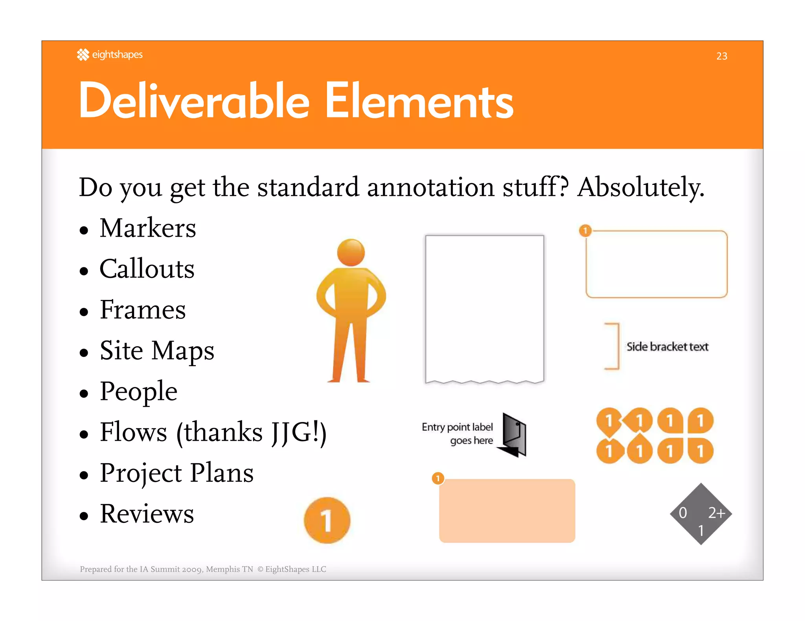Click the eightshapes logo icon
[83, 55]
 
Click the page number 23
[721, 56]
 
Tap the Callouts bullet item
[147, 269]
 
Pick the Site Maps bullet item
[156, 351]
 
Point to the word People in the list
[138, 391]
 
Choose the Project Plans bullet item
[176, 473]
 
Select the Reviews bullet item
[147, 514]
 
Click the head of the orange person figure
[351, 252]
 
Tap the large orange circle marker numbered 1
[327, 521]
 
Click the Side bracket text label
[667, 347]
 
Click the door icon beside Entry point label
[513, 435]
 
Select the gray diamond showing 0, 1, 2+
[700, 514]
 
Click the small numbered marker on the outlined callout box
[585, 230]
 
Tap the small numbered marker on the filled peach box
[438, 478]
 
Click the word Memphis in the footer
[223, 569]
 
